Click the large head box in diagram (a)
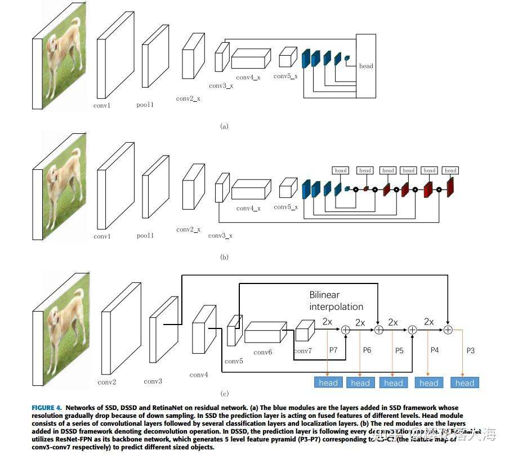(366, 66)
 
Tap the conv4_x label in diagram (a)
(248, 77)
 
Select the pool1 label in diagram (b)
(145, 236)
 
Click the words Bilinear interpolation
(336, 301)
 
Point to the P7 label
(333, 350)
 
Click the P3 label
(471, 350)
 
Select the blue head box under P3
(465, 382)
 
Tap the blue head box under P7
(328, 382)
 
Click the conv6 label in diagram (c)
(262, 352)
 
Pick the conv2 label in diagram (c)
(107, 382)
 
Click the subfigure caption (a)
(224, 127)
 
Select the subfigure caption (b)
(224, 257)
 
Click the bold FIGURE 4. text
(51, 408)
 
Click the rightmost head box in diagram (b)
(450, 170)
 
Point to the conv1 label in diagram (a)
(102, 105)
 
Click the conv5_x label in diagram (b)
(285, 207)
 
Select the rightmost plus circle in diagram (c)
(448, 330)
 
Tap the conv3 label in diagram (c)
(153, 381)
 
